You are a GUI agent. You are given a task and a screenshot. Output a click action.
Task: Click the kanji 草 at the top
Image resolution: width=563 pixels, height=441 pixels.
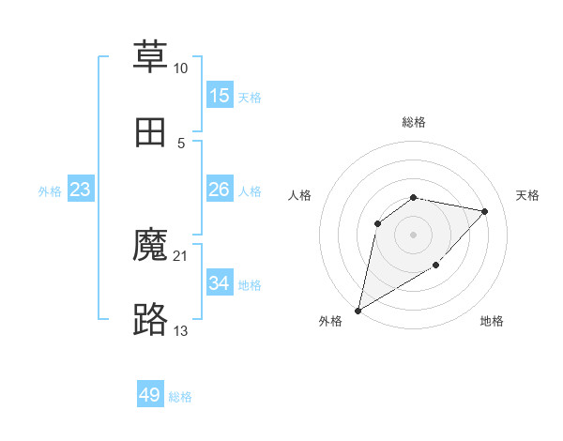click(150, 57)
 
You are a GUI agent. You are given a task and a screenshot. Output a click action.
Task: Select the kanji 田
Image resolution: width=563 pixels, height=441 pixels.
click(150, 132)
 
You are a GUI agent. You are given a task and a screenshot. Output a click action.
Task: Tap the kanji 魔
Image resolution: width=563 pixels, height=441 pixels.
click(150, 246)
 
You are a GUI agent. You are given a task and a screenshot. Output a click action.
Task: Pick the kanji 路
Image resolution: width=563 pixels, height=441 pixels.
click(150, 320)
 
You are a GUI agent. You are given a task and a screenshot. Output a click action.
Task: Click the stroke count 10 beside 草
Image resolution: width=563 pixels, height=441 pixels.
click(180, 68)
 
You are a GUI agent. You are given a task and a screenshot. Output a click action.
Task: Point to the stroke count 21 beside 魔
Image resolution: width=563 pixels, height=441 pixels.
click(180, 256)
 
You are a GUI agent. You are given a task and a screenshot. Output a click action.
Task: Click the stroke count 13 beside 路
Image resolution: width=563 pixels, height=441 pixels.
click(180, 331)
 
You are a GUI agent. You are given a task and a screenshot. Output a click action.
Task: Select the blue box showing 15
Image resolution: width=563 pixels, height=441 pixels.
click(220, 96)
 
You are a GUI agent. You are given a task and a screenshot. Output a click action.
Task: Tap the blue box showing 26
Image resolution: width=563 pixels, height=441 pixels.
click(220, 190)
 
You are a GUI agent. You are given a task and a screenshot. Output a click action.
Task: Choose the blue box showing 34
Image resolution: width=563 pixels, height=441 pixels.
click(220, 283)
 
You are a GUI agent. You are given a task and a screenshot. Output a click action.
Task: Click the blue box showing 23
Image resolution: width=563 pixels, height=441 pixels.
click(81, 190)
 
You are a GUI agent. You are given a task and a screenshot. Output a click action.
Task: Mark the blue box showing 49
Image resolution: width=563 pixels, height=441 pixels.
click(150, 395)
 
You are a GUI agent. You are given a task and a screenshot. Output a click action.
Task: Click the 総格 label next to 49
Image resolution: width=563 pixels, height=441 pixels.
click(180, 397)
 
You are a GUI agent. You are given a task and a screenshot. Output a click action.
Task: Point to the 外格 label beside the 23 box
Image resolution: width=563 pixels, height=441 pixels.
click(50, 191)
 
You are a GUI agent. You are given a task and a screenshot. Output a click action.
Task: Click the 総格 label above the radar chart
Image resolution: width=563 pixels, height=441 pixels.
click(414, 122)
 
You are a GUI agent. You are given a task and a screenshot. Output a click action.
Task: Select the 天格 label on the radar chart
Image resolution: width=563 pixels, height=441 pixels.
click(528, 195)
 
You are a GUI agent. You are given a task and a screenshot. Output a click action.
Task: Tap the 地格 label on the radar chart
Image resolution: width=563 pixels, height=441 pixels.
click(492, 321)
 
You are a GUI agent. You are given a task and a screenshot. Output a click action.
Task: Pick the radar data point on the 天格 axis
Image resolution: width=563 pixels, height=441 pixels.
click(485, 211)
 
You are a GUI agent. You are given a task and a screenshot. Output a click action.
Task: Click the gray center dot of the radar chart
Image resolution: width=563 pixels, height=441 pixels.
click(414, 234)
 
